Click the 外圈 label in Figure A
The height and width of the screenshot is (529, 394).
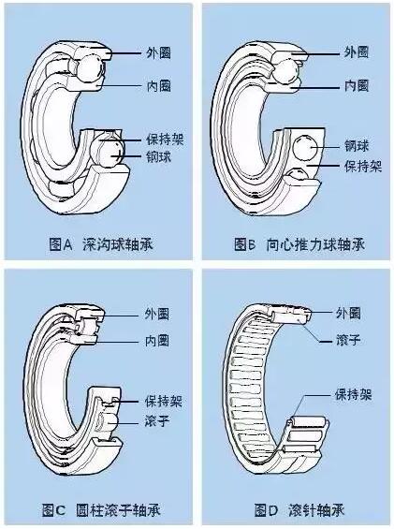click(x=158, y=52)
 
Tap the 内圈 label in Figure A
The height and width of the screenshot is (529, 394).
click(x=158, y=86)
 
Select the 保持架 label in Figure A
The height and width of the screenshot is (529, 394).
click(x=165, y=140)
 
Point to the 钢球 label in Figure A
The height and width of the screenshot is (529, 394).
click(x=158, y=156)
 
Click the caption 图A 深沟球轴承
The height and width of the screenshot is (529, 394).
click(x=101, y=244)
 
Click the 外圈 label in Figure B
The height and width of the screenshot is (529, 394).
click(x=357, y=52)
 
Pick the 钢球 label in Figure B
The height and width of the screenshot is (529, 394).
click(x=357, y=146)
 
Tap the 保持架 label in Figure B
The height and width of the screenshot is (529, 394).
click(x=363, y=166)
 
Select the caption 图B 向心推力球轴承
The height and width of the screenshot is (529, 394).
click(x=299, y=244)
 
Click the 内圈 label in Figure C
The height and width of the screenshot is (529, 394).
click(x=157, y=341)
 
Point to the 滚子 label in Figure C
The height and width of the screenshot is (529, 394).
click(x=157, y=420)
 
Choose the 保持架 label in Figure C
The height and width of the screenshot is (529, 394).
click(x=164, y=401)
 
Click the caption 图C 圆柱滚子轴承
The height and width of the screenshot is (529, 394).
click(x=101, y=510)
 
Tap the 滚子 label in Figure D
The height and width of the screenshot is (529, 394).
click(x=348, y=340)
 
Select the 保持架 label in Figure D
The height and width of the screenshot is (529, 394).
click(x=354, y=394)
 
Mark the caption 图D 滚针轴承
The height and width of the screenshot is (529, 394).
click(x=299, y=510)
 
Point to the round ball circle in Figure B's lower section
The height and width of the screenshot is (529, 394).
click(x=305, y=148)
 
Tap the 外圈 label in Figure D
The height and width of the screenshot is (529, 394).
click(x=348, y=313)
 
